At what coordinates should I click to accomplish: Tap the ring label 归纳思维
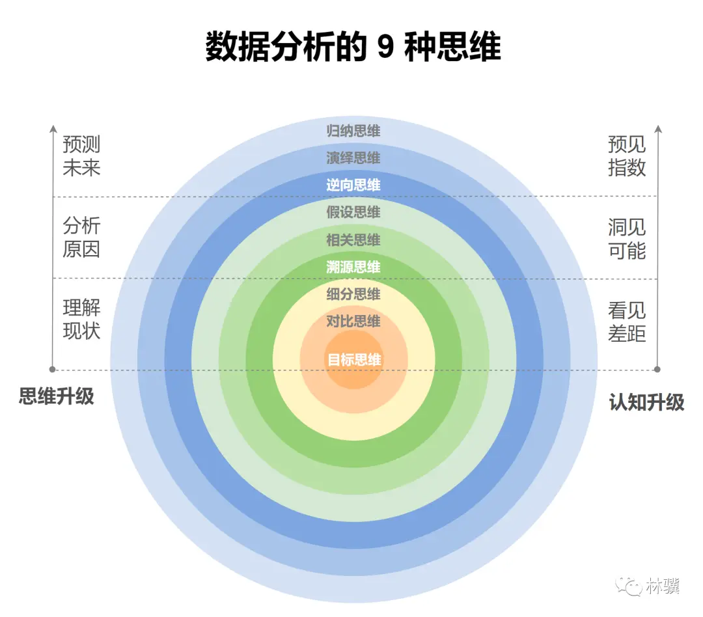coord(353,131)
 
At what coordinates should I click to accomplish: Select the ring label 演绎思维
coord(353,158)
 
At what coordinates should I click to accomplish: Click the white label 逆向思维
coord(353,185)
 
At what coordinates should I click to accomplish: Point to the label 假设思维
coord(353,213)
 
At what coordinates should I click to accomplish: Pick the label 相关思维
coord(353,240)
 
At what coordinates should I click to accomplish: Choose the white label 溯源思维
coord(353,267)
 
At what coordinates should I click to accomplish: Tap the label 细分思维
coord(353,294)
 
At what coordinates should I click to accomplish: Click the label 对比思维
coord(353,322)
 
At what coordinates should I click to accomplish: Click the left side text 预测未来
coord(81,156)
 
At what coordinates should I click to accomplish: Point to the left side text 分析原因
coord(81,238)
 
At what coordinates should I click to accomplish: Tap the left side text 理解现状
coord(81,319)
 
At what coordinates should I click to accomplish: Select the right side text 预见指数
coord(627,156)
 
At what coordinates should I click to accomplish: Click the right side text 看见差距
coord(627,322)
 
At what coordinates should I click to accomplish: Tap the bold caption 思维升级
coord(57,396)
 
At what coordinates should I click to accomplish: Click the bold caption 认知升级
coord(646,402)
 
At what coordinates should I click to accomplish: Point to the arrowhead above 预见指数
coord(657,129)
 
